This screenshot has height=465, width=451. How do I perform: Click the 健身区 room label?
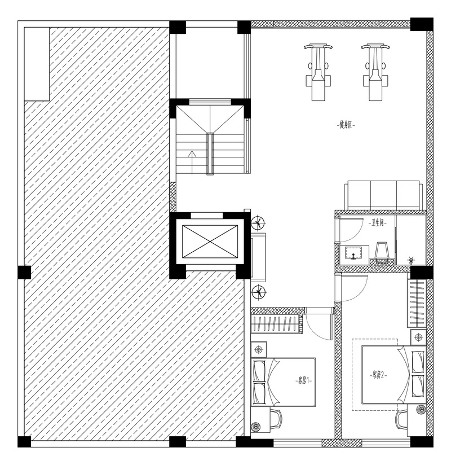tap(346, 125)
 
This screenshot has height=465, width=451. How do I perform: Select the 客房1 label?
tap(304, 380)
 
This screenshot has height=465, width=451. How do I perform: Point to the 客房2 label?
tap(379, 375)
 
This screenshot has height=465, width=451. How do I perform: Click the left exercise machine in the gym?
tap(319, 72)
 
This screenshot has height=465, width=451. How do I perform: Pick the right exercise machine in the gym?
tap(375, 72)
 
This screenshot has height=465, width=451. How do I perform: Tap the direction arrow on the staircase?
tap(193, 163)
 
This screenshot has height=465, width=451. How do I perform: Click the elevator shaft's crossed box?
tap(210, 242)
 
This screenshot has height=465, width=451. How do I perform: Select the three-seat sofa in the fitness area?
tap(384, 195)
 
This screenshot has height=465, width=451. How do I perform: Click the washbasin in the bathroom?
tap(354, 255)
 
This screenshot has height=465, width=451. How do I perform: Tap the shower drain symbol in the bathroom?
tap(411, 260)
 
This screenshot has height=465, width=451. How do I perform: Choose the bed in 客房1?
tap(283, 382)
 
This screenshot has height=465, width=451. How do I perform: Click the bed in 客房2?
tap(394, 374)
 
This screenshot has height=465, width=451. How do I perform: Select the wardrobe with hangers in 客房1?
tap(276, 323)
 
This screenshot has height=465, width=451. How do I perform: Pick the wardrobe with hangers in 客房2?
tap(417, 303)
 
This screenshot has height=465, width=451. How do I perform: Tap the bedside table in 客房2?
tap(418, 337)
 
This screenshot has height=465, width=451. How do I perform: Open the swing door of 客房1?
tap(319, 324)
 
